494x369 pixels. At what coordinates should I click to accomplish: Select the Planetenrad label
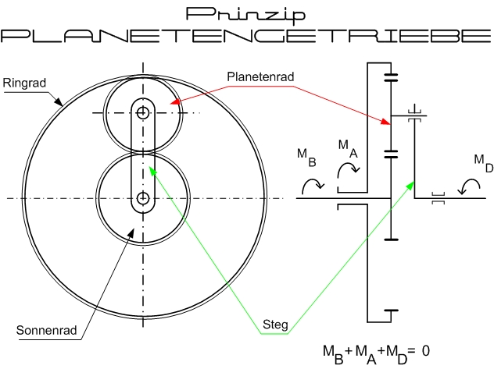(260, 76)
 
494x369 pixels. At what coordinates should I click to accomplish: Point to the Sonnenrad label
(46, 330)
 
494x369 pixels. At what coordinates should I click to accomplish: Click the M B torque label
(306, 156)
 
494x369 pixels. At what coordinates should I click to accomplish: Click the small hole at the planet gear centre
(142, 112)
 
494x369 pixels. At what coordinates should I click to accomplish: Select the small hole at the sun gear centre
(143, 198)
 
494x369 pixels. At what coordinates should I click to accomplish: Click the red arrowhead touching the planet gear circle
(177, 101)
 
